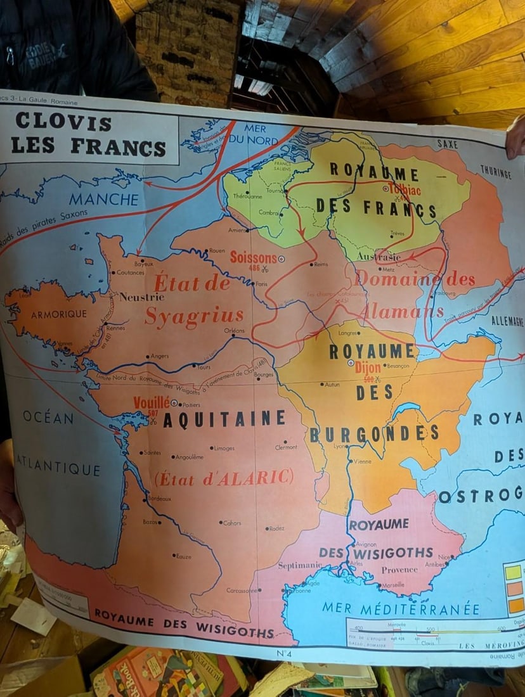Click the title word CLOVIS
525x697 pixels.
pyautogui.click(x=63, y=122)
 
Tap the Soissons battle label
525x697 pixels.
pyautogui.click(x=253, y=258)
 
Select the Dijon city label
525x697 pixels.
pyautogui.click(x=368, y=368)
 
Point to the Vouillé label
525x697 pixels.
pyautogui.click(x=152, y=402)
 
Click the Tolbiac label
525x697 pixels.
pyautogui.click(x=401, y=188)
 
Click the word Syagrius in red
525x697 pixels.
pyautogui.click(x=194, y=315)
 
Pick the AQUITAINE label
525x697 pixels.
pyautogui.click(x=224, y=419)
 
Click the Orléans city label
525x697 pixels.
pyautogui.click(x=234, y=330)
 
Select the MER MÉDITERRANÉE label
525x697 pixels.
pyautogui.click(x=401, y=609)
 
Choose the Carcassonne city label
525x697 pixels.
pyautogui.click(x=242, y=591)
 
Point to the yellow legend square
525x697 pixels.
pyautogui.click(x=514, y=572)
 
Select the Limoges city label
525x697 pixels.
pyautogui.click(x=224, y=448)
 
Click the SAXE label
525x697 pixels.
pyautogui.click(x=447, y=144)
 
